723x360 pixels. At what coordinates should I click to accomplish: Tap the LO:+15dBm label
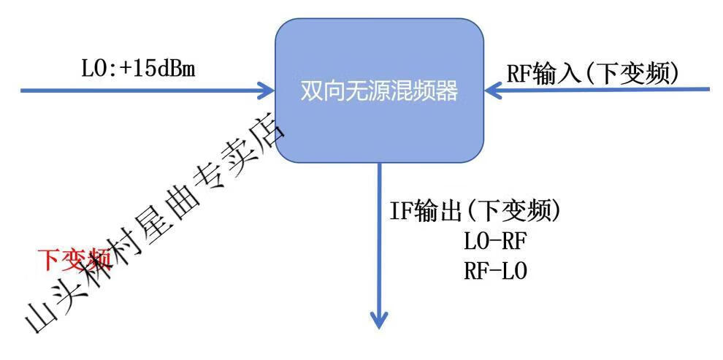click(139, 70)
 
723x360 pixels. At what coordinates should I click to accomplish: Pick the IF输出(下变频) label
click(475, 212)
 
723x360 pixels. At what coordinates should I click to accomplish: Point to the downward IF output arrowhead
click(379, 321)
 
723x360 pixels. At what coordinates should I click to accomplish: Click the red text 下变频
click(73, 259)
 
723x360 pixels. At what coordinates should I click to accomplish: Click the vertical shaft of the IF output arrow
click(379, 241)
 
